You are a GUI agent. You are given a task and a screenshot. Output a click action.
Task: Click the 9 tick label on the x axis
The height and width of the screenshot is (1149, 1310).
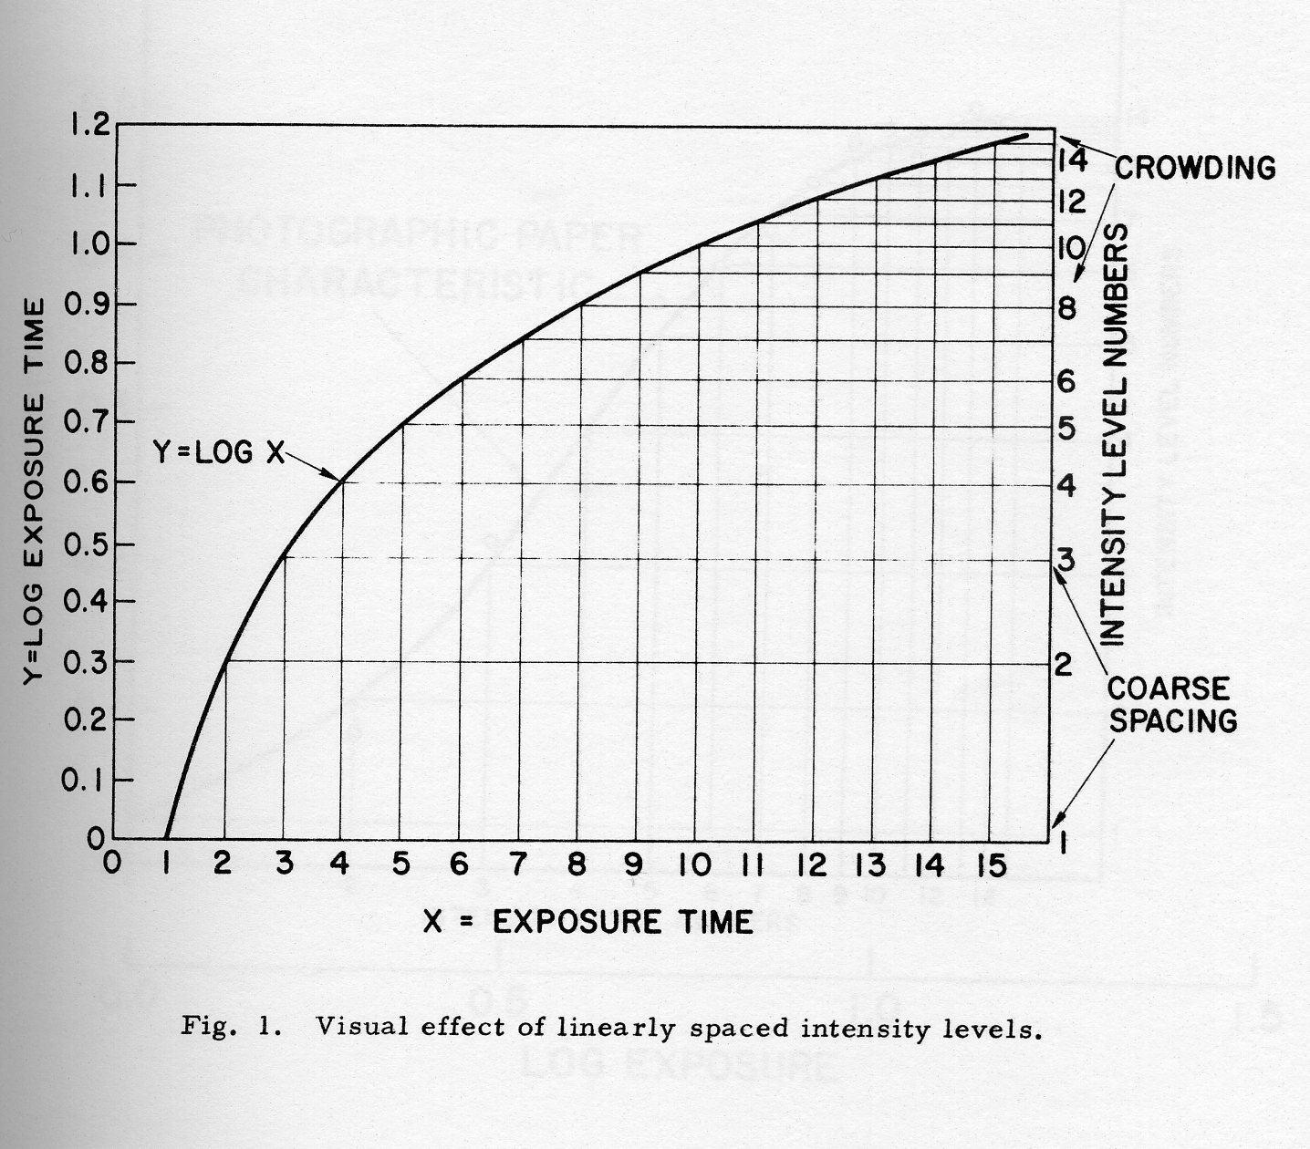[635, 864]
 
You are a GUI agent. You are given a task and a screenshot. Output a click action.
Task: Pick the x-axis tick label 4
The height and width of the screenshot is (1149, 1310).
[342, 864]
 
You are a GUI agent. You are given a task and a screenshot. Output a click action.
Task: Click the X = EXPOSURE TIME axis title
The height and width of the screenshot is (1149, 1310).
[588, 922]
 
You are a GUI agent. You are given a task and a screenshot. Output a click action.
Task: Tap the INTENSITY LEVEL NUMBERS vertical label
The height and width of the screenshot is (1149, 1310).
[1114, 436]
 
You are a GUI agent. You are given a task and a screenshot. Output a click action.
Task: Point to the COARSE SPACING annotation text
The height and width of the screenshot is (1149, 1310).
[1171, 704]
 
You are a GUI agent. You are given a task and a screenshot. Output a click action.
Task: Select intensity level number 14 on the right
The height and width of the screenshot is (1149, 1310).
[1071, 161]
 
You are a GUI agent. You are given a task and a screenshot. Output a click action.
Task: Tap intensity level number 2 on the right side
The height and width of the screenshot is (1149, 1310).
[1064, 665]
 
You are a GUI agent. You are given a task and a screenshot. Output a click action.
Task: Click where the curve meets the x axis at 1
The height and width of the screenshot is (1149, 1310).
[166, 837]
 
